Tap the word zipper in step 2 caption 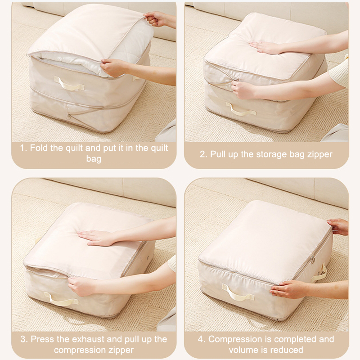[x=320, y=154]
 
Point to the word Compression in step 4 [x=235, y=339]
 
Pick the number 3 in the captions [x=23, y=339]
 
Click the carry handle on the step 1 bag [x=69, y=84]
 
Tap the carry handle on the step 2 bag [x=241, y=109]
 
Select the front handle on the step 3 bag [x=61, y=299]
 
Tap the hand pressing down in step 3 [x=96, y=238]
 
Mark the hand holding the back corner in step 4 [x=338, y=227]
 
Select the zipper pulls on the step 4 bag [x=312, y=260]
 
